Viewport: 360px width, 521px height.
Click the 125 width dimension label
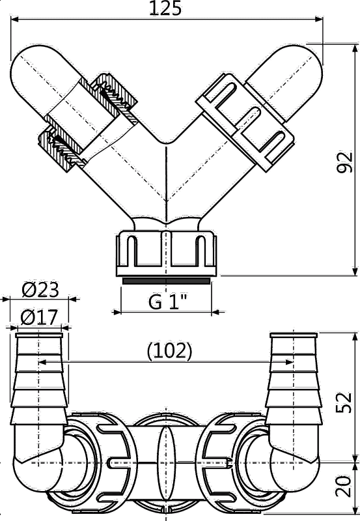(x=165, y=8)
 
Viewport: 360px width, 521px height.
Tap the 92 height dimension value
(x=344, y=162)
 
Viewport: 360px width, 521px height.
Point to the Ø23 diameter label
(x=40, y=290)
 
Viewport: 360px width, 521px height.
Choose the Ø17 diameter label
(x=39, y=317)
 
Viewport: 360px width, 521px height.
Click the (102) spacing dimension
(x=170, y=350)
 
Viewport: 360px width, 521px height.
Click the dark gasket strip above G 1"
(x=166, y=281)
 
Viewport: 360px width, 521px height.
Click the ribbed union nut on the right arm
(x=245, y=122)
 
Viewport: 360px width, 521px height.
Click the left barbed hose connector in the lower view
(x=39, y=380)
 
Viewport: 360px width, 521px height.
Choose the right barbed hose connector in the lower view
(x=294, y=380)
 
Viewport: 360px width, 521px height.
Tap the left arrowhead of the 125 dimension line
(x=14, y=20)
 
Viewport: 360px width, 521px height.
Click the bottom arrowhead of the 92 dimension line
(x=355, y=272)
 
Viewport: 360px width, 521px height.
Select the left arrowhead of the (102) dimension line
(x=43, y=362)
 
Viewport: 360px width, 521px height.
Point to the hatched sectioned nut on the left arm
(x=88, y=123)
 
